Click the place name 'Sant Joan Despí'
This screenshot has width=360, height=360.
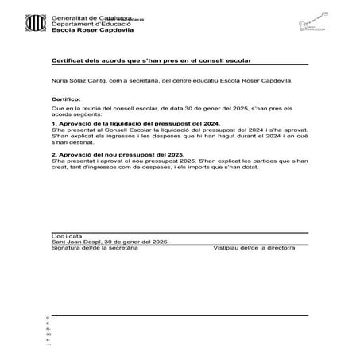74,242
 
